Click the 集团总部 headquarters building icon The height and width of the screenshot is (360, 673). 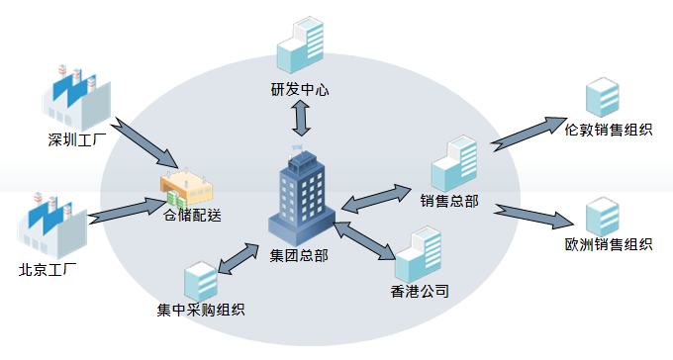pos(304,197)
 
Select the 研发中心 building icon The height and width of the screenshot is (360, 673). pos(300,45)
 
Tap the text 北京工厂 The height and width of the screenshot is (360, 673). pos(48,269)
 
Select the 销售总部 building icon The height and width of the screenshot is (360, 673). pos(454,164)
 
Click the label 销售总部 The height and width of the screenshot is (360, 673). pos(449,202)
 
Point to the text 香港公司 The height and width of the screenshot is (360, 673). pos(420,292)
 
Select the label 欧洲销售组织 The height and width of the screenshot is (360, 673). pos(608,244)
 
